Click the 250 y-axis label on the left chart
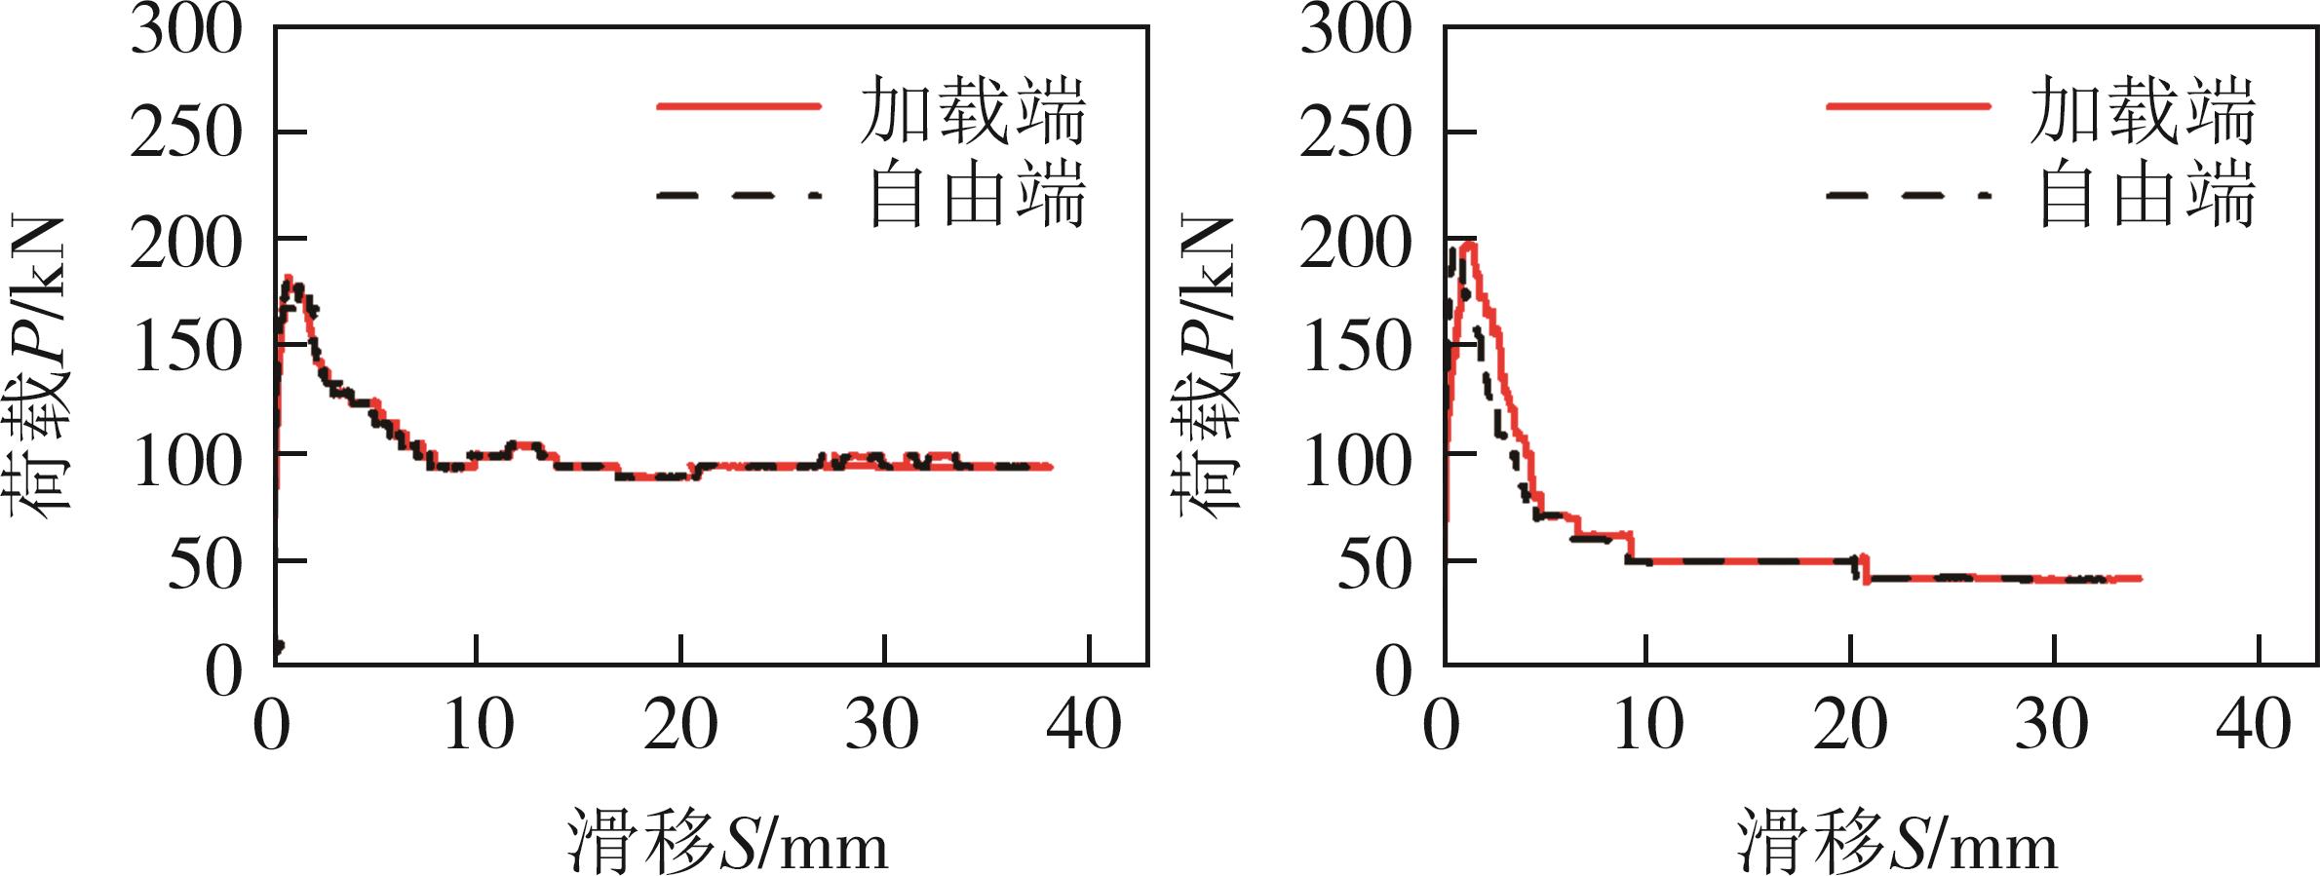[185, 133]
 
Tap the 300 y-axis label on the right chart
[1355, 29]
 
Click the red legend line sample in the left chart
[739, 105]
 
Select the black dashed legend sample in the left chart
[739, 195]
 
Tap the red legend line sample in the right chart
[1909, 105]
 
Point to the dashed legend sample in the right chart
[1909, 195]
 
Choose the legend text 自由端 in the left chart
[975, 195]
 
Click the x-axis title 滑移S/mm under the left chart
[727, 840]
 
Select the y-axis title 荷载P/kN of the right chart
[1209, 365]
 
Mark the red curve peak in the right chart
[1467, 243]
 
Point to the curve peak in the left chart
[289, 279]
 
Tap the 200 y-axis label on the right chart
[1355, 244]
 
